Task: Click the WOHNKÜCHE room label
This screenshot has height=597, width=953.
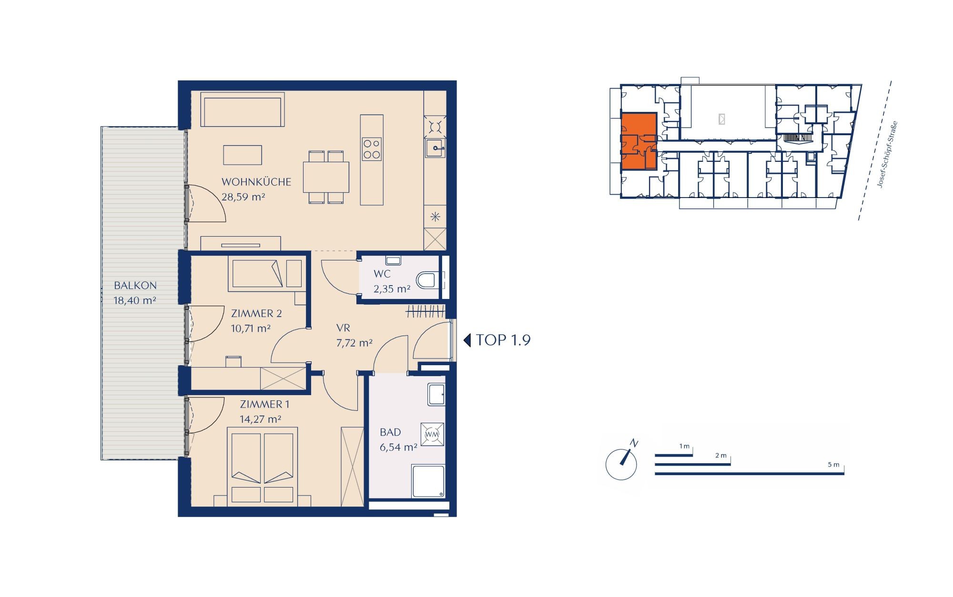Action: coord(256,182)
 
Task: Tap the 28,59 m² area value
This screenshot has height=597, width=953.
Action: coord(243,197)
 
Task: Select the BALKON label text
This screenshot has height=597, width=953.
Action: coord(135,286)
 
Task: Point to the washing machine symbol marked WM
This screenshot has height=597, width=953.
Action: coord(432,434)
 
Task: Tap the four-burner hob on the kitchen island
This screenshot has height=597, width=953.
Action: coord(372,149)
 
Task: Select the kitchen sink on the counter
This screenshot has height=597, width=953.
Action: coord(435,148)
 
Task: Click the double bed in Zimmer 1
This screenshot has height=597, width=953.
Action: coord(263,465)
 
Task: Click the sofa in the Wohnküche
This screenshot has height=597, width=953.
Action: coord(243,109)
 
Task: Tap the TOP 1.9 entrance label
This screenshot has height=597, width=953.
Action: coord(503,340)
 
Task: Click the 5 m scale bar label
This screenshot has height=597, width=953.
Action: coord(833,465)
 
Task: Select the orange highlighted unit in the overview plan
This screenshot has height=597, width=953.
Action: coord(639,141)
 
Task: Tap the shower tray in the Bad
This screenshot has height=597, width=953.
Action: coord(428,481)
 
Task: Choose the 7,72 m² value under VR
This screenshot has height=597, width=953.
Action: coord(355,343)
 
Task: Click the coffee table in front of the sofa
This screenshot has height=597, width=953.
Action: coord(243,155)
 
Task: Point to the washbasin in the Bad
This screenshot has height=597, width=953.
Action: coord(436,395)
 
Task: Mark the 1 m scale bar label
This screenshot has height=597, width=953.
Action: coord(684,447)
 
